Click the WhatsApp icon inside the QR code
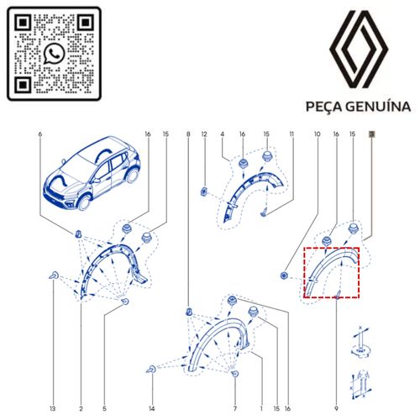tap(55, 54)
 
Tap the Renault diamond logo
tap(359, 49)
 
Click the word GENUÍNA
tap(378, 107)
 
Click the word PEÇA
tap(324, 108)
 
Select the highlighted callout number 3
tap(371, 134)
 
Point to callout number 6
tap(40, 134)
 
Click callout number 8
tap(188, 134)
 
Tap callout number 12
tap(204, 134)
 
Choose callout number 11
tap(291, 134)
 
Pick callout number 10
tap(317, 134)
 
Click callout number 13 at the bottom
tap(53, 409)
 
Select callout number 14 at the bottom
tap(151, 409)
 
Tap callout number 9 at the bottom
tap(336, 409)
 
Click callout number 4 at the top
tap(223, 134)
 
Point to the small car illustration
tap(92, 173)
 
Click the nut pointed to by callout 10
tap(284, 276)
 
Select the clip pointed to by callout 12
tap(204, 192)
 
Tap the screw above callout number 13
tap(54, 276)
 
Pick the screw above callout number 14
tap(151, 370)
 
